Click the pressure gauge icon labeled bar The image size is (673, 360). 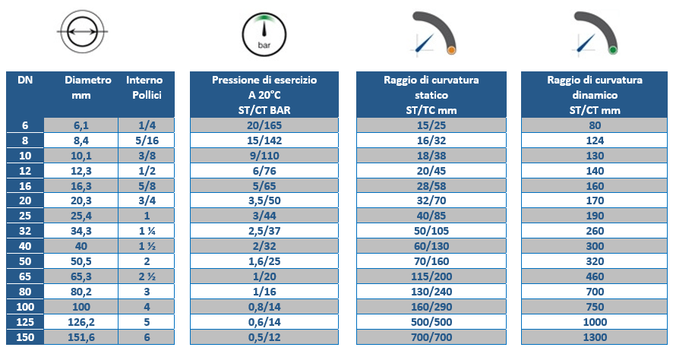pos(264,35)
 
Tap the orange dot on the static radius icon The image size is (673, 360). pos(451,51)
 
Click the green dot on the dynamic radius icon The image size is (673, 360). pos(613,51)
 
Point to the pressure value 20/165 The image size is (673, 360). pos(264,125)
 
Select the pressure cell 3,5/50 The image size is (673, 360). pos(264,201)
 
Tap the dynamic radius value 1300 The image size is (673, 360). pos(595,338)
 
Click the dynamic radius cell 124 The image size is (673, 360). pos(595,139)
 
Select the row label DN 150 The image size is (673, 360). pos(24,338)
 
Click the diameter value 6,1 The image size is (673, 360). pos(81,125)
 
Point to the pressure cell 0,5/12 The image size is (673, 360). pos(264,338)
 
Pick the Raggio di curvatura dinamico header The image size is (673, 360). pos(595,95)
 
